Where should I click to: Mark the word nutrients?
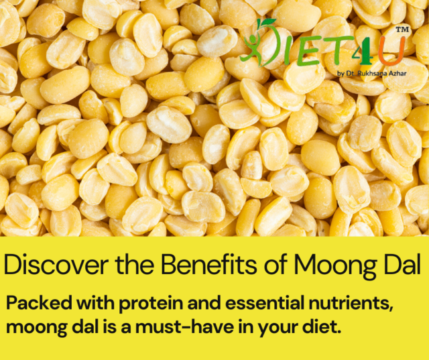[348, 303]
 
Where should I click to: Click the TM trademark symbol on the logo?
[402, 30]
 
